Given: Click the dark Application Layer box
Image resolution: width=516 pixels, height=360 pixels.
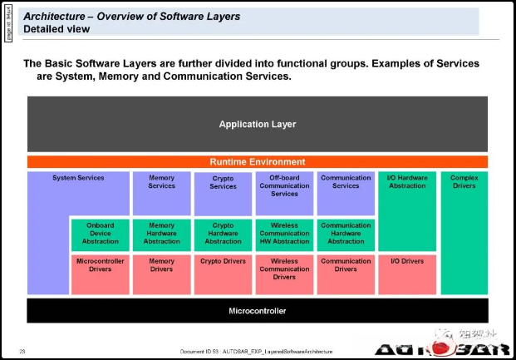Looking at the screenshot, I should [258, 124].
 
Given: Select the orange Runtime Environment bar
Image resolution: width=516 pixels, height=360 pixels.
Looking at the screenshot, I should [258, 162].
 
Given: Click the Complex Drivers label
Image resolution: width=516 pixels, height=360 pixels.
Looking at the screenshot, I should [464, 182].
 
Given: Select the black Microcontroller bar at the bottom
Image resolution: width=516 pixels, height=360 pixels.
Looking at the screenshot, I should [258, 311].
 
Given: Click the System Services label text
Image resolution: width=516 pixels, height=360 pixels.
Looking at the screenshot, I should [78, 178].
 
